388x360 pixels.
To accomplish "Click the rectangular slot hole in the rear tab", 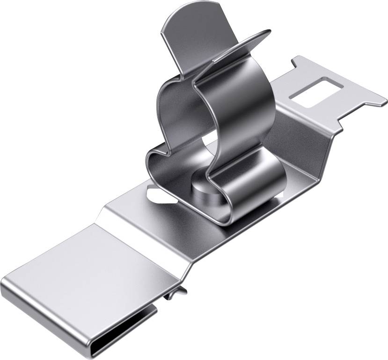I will [x=314, y=91].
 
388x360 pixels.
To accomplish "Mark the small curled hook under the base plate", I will [x=176, y=293].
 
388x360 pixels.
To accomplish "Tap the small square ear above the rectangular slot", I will [x=300, y=63].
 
